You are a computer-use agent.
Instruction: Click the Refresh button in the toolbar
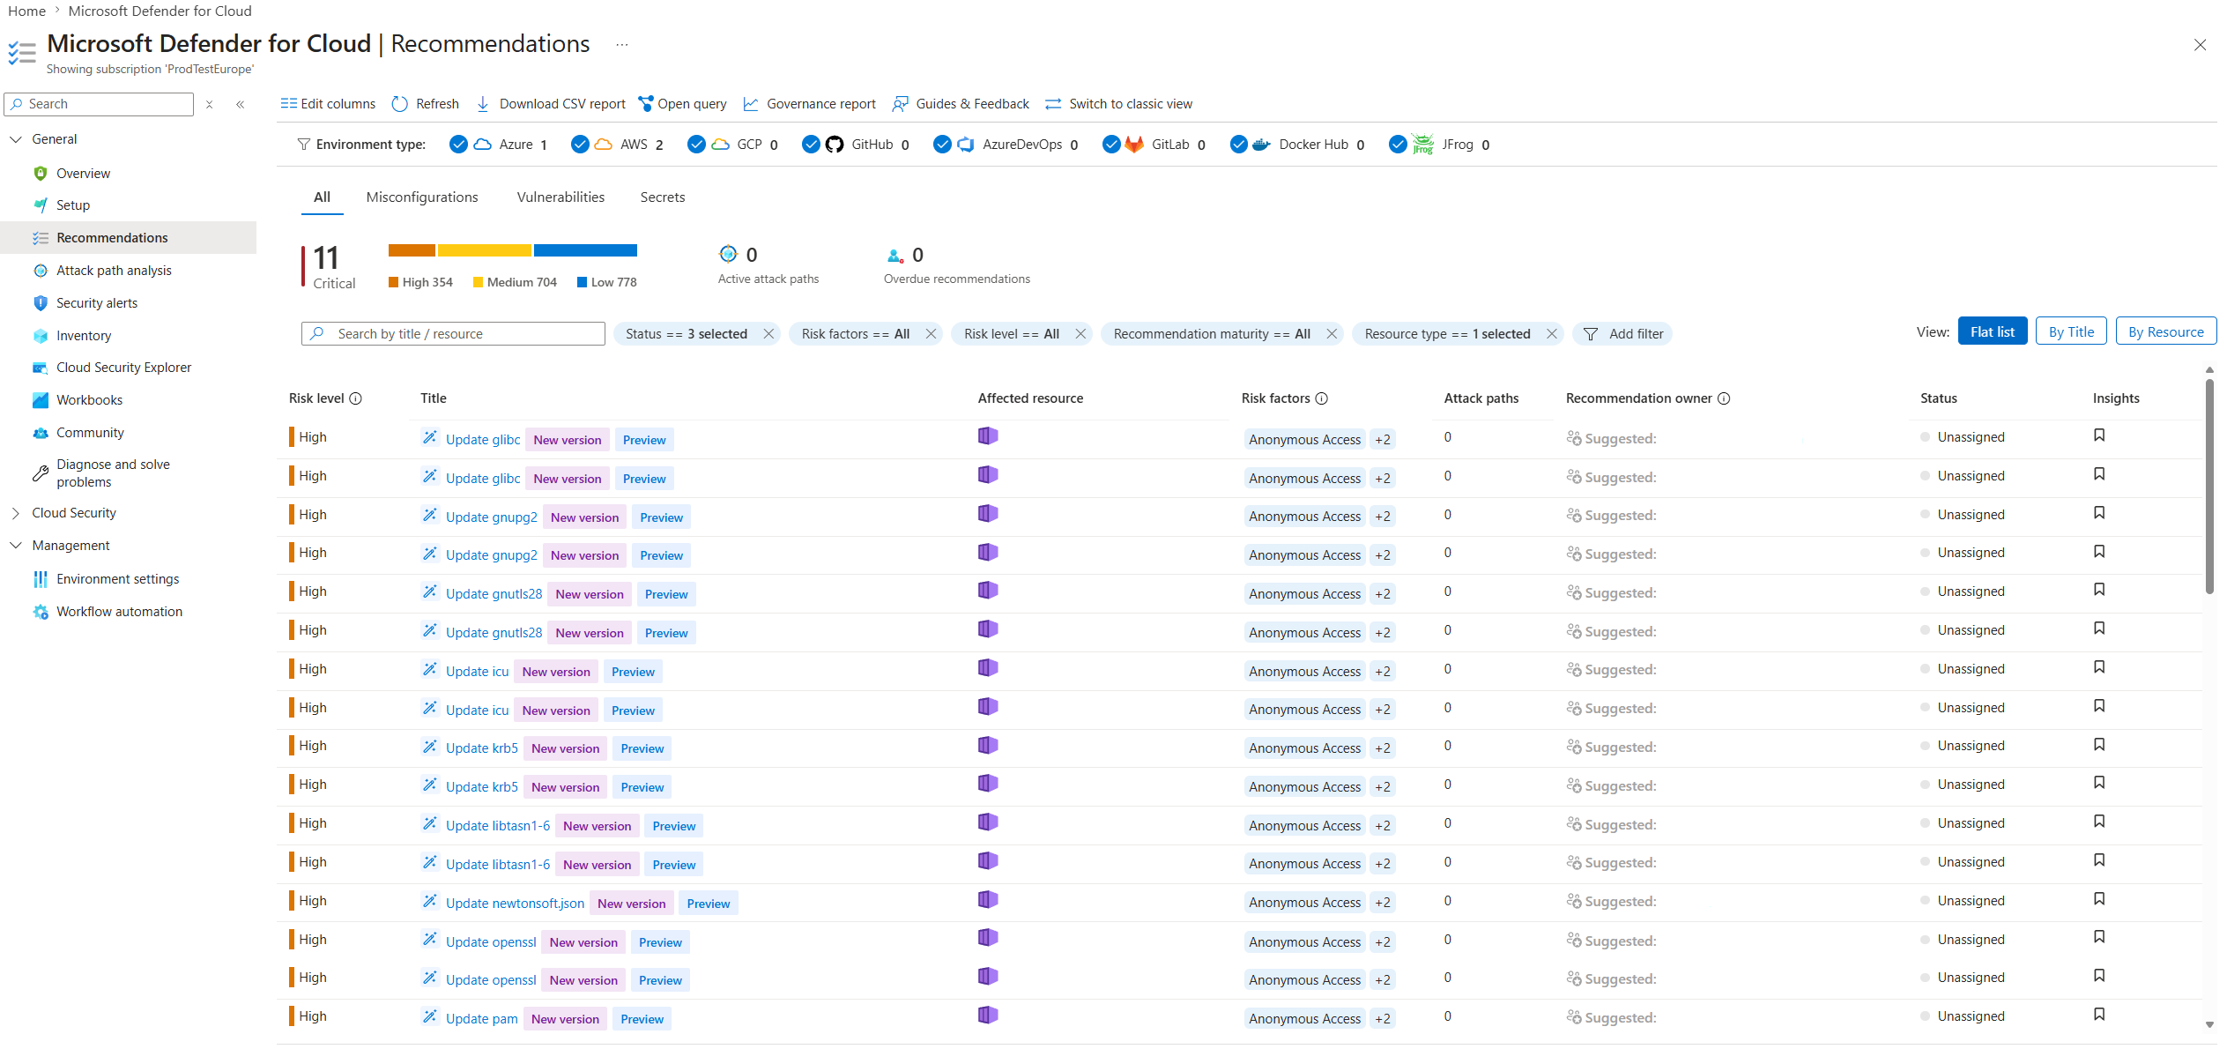click(x=426, y=104)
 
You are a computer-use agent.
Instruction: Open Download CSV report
click(x=551, y=104)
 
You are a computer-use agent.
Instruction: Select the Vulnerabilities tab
click(x=560, y=197)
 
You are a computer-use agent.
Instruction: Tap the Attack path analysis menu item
click(x=114, y=271)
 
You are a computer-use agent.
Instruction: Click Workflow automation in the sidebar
click(x=119, y=612)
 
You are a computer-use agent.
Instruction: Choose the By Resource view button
click(x=2165, y=332)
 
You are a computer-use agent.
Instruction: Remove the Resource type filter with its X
click(x=1551, y=334)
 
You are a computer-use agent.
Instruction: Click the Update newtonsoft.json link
click(x=515, y=904)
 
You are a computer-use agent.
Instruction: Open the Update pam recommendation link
click(x=481, y=1019)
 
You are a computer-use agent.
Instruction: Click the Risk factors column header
click(x=1275, y=398)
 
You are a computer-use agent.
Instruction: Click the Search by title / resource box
click(x=453, y=334)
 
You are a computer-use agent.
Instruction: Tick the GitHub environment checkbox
click(x=811, y=145)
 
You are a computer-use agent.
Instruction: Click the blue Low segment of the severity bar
click(x=585, y=250)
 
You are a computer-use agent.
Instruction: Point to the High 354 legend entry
click(x=420, y=282)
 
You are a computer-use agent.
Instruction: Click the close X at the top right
click(x=2200, y=45)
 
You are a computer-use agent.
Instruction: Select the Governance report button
click(x=810, y=104)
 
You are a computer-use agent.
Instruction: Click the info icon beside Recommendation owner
click(x=1724, y=398)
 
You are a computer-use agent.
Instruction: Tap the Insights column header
click(x=2116, y=398)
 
